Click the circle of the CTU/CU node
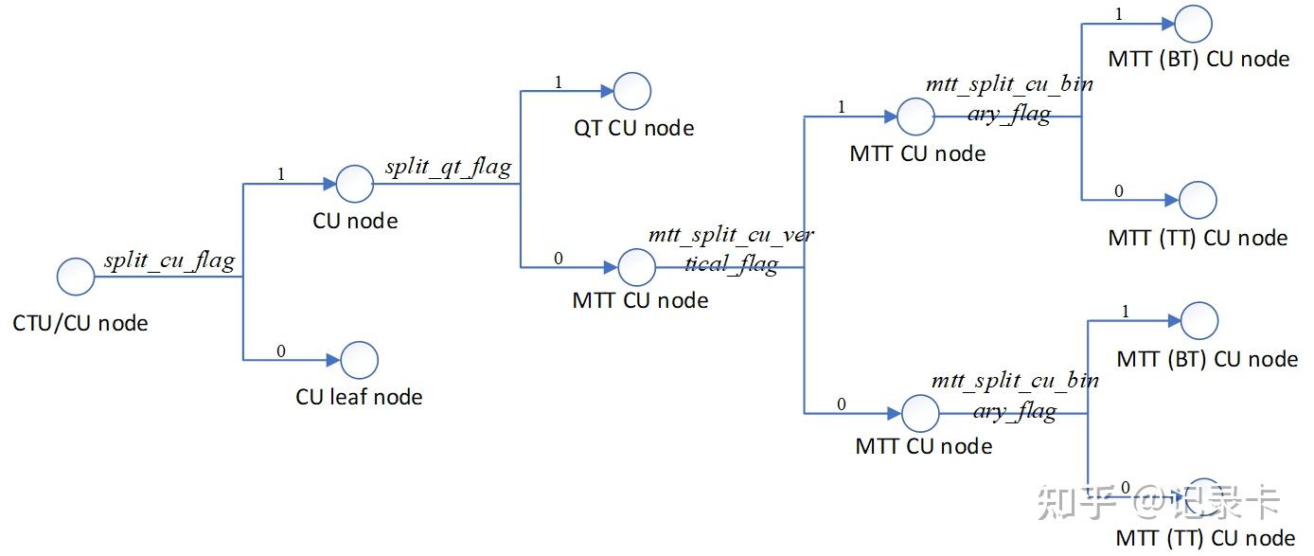pos(76,278)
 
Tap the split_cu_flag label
pos(169,260)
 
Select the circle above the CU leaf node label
pos(359,360)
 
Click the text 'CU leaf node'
pos(359,397)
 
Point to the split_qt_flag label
pos(448,168)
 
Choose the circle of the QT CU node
pos(631,92)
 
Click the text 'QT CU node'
pos(634,128)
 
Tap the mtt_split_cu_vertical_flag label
pos(730,249)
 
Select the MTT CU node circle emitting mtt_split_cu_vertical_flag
pos(636,267)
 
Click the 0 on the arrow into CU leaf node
pos(281,351)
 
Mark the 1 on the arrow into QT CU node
pos(558,82)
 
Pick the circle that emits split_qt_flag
pos(355,184)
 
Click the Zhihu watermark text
pos(1159,502)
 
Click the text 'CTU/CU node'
pos(80,324)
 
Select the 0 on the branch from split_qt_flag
pos(558,258)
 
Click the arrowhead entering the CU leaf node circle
pos(333,360)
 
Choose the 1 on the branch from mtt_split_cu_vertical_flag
pos(842,108)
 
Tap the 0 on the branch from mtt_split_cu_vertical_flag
pos(842,405)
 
